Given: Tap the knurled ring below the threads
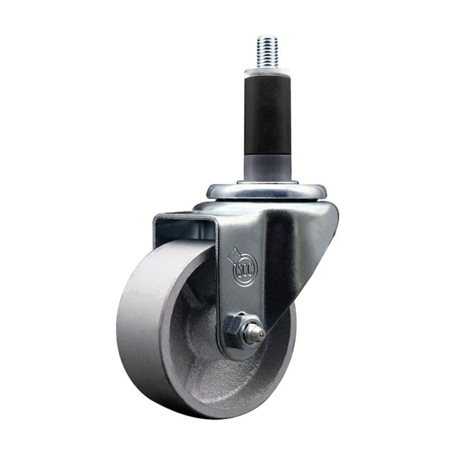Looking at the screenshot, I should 267,72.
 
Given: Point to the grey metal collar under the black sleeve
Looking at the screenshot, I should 267,168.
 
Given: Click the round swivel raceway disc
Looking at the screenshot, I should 267,192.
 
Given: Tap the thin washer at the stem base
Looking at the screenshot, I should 267,183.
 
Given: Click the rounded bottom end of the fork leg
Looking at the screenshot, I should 237,353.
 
